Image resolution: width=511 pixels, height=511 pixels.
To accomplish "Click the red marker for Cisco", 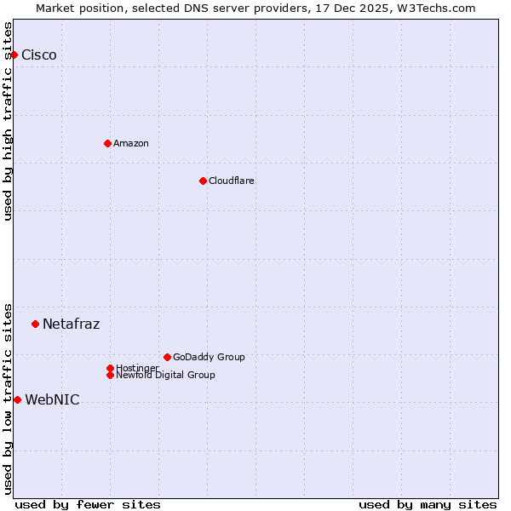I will click(14, 55).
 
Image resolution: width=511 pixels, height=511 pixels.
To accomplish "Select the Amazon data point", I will click(107, 143).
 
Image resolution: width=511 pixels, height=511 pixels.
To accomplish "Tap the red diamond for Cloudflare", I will click(203, 181).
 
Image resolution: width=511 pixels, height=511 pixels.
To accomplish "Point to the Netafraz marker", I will click(35, 324).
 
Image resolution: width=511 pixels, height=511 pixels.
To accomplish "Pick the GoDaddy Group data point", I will click(167, 357).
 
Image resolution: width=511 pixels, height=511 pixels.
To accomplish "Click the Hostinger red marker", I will click(110, 368).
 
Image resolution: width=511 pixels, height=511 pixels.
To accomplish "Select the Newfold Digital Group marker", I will click(110, 375).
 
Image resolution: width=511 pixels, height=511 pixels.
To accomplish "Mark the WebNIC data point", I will click(17, 399).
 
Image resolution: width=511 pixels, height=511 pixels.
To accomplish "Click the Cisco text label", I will click(39, 55).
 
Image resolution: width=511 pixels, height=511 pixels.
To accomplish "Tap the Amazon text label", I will click(131, 143).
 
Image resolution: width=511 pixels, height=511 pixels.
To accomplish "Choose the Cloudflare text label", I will click(232, 181).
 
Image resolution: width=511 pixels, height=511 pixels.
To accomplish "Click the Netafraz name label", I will click(72, 324).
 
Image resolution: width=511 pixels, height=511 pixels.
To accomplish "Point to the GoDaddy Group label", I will click(209, 357).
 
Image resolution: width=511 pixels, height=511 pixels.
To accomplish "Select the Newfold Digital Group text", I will click(166, 376).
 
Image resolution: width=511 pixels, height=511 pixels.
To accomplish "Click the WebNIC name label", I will click(53, 400).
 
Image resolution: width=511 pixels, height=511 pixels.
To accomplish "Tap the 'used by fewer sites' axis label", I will click(88, 504).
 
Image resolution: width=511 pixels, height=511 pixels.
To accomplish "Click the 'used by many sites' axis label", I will click(428, 504).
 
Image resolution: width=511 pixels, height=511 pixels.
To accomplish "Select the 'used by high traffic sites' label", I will click(8, 121).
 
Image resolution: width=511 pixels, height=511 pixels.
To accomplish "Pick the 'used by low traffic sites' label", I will click(8, 398).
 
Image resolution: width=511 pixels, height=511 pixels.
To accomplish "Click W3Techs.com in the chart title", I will click(433, 8).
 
